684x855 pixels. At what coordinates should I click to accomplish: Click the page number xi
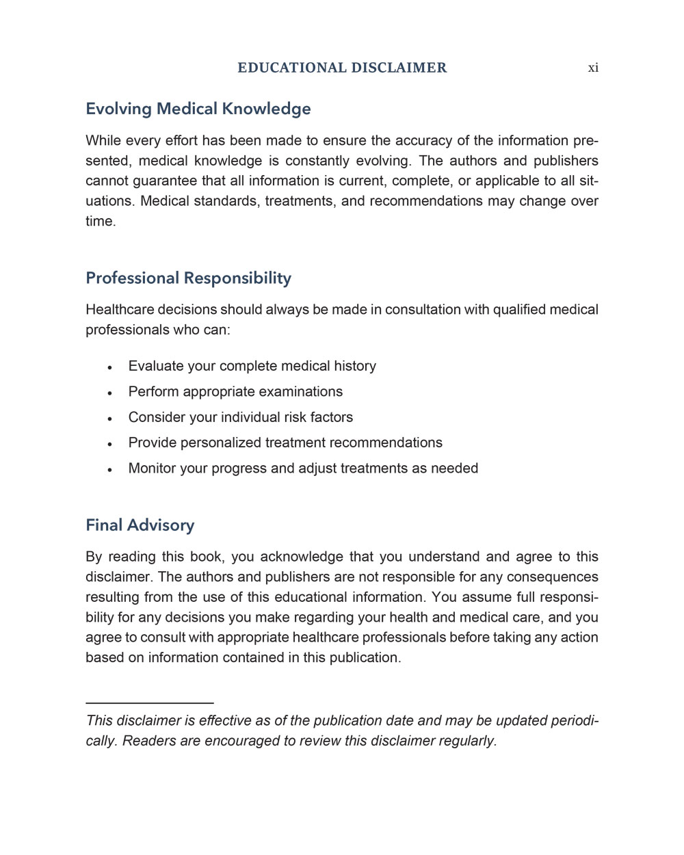(593, 68)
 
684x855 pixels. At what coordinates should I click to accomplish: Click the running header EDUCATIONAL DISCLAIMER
(342, 68)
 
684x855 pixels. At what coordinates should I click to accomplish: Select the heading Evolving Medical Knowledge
(198, 109)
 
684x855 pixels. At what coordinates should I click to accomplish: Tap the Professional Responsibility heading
(188, 278)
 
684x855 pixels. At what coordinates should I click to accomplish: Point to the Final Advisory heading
(140, 525)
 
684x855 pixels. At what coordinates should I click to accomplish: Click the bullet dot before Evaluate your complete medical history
(109, 367)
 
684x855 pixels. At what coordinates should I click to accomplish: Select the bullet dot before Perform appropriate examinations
(109, 393)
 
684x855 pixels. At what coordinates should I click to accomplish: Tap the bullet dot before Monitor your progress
(109, 469)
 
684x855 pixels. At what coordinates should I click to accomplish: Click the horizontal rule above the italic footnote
(150, 702)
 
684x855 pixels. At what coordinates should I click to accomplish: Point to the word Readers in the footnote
(148, 741)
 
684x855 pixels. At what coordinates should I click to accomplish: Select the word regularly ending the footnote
(467, 741)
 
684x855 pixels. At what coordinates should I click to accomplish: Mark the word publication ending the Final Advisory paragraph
(364, 657)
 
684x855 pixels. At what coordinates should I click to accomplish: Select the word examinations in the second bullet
(300, 391)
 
